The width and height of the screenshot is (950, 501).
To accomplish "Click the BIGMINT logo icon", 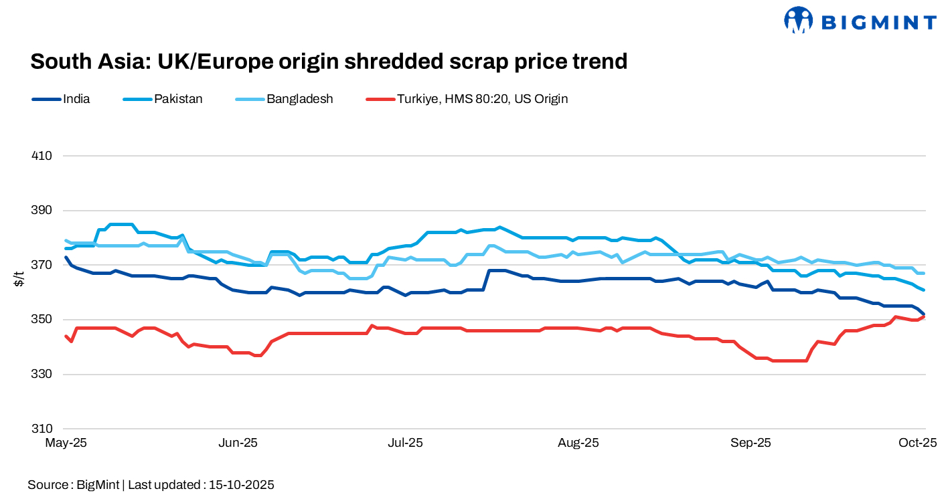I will click(798, 20).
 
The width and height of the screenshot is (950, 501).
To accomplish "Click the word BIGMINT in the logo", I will click(878, 22).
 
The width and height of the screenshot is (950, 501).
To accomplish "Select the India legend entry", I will click(76, 99).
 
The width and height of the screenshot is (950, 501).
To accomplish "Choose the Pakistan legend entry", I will click(178, 99).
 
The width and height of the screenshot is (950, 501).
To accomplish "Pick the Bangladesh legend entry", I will click(299, 99).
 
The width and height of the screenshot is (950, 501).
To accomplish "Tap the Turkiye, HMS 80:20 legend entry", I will click(482, 99).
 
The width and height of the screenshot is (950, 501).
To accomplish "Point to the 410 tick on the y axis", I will click(42, 156).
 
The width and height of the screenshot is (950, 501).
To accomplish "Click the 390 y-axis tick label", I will click(42, 211).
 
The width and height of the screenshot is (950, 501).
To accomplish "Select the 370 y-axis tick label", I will click(42, 265).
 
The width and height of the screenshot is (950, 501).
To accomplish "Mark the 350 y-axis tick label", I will click(42, 320).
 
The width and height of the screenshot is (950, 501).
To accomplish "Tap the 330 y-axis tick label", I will click(42, 374).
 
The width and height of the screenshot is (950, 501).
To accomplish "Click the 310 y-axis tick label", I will click(42, 429).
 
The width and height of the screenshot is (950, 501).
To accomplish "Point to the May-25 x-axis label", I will click(66, 443).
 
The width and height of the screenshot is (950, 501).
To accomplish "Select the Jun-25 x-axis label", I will click(238, 443).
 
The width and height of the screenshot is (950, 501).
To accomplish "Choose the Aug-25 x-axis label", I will click(578, 443).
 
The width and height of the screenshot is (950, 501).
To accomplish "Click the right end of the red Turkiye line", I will click(925, 316).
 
